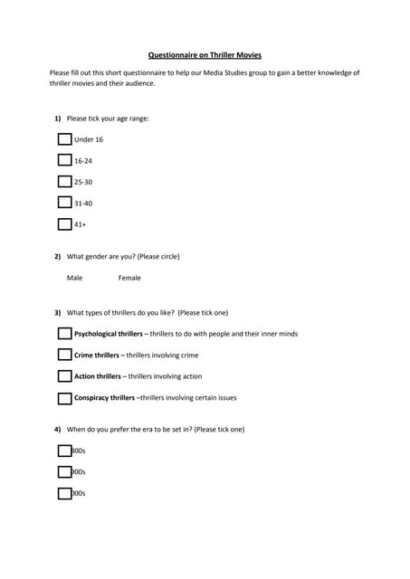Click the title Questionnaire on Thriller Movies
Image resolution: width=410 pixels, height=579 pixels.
[x=205, y=54]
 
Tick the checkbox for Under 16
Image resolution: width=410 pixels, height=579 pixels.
[x=64, y=139]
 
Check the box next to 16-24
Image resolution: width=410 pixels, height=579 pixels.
[x=64, y=160]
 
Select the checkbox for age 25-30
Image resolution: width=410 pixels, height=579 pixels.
[x=64, y=181]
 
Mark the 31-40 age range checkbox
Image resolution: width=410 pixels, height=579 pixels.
[x=64, y=203]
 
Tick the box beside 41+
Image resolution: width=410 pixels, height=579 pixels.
[x=64, y=224]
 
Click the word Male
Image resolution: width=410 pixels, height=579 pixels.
[x=74, y=278]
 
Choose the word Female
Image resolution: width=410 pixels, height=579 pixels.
[x=129, y=278]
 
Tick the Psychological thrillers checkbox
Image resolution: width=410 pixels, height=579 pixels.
[x=64, y=334]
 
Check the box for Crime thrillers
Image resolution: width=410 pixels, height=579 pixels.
[x=64, y=355]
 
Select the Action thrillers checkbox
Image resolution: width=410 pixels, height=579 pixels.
[x=64, y=376]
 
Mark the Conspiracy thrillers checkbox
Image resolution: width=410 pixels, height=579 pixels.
[x=64, y=398]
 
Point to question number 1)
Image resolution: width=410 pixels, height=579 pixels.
[x=57, y=118]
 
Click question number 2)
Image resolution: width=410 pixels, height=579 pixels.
[x=57, y=256]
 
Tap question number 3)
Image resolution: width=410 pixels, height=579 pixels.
[x=57, y=313]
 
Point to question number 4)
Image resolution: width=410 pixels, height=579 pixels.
[x=57, y=429]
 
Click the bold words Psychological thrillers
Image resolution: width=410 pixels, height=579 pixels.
[x=108, y=334]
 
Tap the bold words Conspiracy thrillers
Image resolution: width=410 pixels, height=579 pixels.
[x=104, y=398]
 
